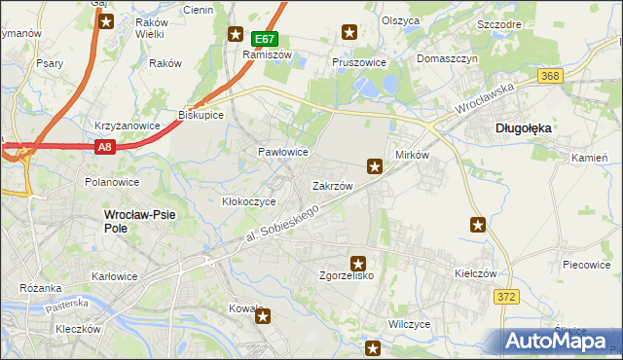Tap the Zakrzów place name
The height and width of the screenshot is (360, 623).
tap(331, 185)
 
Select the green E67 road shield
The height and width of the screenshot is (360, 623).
tap(265, 39)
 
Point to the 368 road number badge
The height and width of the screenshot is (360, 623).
tap(550, 77)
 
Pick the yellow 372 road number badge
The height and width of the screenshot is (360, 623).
tap(503, 296)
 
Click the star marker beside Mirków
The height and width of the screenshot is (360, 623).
tap(374, 166)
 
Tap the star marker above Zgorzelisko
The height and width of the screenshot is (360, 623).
tap(358, 263)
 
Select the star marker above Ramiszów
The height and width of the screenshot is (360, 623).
tap(236, 34)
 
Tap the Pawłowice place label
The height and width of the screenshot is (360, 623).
tap(282, 153)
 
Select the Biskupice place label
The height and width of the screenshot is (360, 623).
tap(202, 115)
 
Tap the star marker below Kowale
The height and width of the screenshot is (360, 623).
tap(262, 316)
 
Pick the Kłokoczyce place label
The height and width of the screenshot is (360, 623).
tap(249, 201)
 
